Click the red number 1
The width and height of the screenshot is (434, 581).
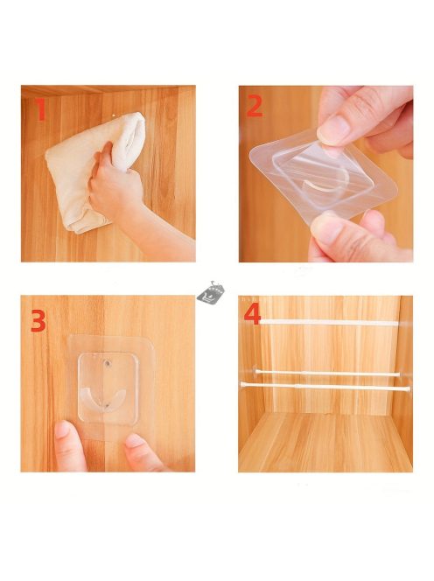click(x=41, y=109)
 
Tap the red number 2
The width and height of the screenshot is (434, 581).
click(x=255, y=106)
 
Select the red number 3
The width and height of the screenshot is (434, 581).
click(x=38, y=321)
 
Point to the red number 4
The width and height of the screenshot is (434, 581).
click(x=252, y=315)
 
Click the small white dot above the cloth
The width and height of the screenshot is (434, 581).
click(x=114, y=115)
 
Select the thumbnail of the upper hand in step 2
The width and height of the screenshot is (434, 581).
click(x=332, y=129)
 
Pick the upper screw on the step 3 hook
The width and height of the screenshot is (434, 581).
click(x=108, y=363)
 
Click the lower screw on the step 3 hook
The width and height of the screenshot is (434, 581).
click(x=107, y=407)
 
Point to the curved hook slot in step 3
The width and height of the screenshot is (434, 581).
click(x=103, y=397)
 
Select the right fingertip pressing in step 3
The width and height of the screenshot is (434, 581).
click(x=136, y=442)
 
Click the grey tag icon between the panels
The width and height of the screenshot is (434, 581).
click(x=211, y=293)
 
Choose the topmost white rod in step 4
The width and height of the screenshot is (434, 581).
click(x=329, y=322)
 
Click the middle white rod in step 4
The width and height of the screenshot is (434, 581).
click(x=327, y=374)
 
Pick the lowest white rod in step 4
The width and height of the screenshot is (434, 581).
click(x=325, y=387)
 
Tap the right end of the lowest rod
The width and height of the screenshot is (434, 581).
click(x=409, y=389)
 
